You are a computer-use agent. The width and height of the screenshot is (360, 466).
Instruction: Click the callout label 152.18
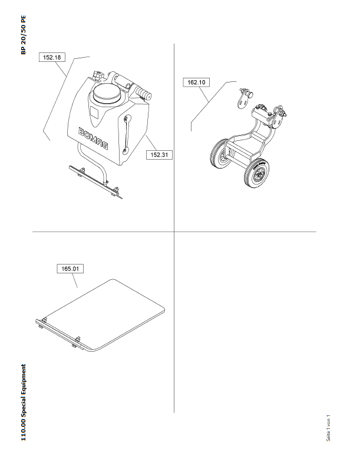coord(52,57)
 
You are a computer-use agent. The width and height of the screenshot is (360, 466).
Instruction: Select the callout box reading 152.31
coord(159,154)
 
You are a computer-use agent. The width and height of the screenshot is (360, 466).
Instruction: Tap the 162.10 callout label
coord(196,82)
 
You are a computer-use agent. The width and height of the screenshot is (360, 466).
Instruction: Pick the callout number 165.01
coord(70,269)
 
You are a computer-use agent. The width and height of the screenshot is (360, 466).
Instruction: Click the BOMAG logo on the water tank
coord(93,138)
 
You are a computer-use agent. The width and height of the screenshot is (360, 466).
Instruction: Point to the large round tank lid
coord(107,93)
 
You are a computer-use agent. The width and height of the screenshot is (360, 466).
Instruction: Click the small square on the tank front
coord(94,113)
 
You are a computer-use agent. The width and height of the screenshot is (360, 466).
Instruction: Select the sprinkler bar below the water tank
coord(95,182)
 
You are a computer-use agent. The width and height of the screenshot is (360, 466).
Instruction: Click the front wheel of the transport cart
coord(256,173)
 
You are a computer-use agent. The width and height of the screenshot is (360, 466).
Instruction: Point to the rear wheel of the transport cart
coord(220,154)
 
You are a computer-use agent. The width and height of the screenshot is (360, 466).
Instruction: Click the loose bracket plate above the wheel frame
coord(245,98)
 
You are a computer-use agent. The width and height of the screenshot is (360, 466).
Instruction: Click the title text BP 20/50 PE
coord(23,35)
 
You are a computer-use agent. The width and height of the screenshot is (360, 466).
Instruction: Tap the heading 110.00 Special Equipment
coord(23,402)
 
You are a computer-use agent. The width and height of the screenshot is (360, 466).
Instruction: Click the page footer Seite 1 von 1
coord(328,428)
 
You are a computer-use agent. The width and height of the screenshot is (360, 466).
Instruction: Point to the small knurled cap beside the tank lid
coord(98,75)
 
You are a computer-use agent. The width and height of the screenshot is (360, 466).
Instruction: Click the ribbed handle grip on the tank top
coord(143,92)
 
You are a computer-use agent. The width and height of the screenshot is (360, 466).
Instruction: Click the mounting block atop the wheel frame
coord(262,115)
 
